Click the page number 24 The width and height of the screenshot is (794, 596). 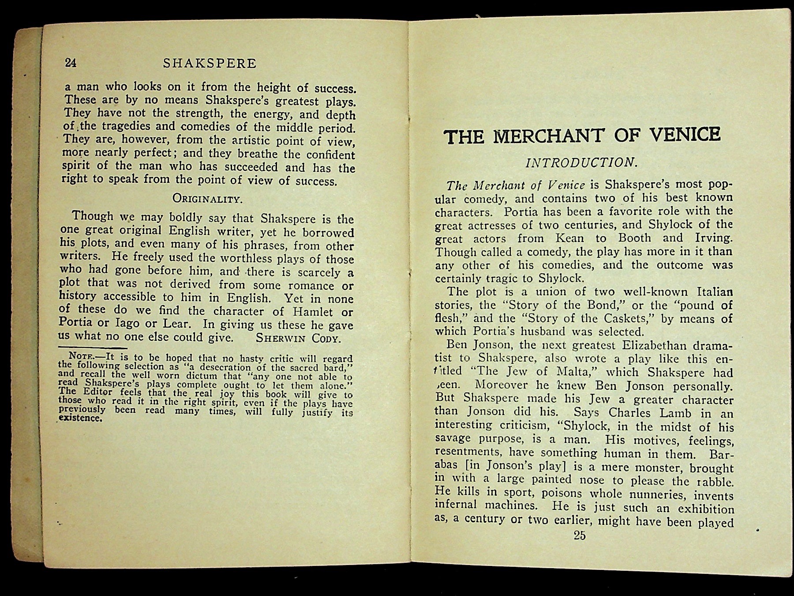[71, 63]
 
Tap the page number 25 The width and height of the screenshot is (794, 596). [580, 536]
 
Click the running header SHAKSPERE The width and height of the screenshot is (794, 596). [210, 64]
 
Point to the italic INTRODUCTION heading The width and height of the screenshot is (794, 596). [581, 162]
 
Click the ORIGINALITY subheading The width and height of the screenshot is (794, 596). [207, 198]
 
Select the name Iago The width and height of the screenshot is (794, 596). [126, 323]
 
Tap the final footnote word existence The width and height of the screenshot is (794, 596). [80, 418]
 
